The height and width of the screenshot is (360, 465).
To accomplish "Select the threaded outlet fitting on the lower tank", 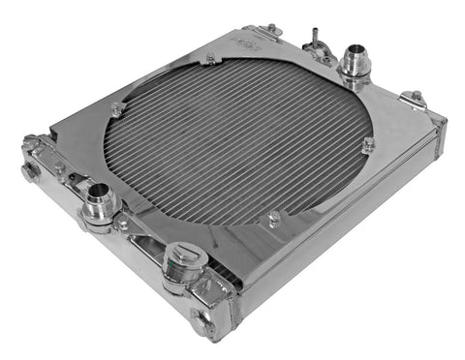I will [100, 204].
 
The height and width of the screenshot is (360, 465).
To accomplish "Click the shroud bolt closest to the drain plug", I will [274, 221].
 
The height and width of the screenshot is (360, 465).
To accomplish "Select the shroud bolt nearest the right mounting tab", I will [369, 145].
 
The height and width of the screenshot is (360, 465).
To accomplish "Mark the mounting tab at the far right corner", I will [415, 98].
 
